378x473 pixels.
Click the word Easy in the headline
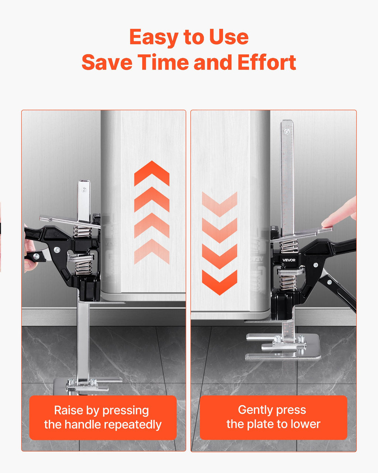click(154, 37)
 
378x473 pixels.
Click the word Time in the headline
click(163, 62)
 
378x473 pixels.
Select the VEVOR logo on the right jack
click(289, 260)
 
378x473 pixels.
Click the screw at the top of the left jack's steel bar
click(84, 190)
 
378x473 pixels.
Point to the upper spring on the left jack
click(82, 231)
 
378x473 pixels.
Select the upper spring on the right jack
click(289, 246)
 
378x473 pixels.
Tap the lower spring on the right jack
click(288, 282)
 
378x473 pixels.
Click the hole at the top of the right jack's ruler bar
click(286, 132)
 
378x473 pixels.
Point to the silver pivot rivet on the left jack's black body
click(57, 249)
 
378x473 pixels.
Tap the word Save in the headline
click(107, 62)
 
